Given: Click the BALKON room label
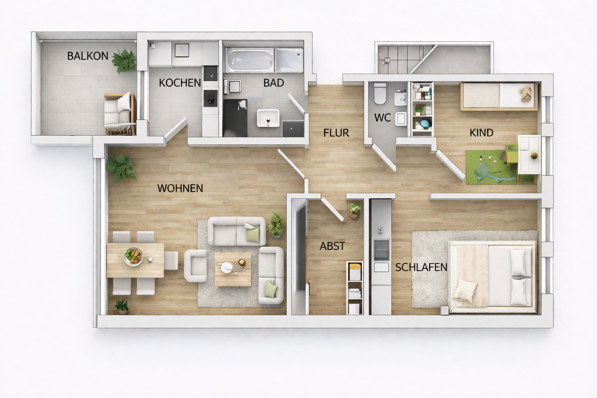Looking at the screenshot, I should [88, 56].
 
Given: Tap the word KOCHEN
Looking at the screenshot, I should [180, 83].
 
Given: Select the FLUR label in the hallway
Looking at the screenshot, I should [336, 133].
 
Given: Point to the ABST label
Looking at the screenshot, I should [332, 246].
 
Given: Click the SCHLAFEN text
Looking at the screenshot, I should [421, 267].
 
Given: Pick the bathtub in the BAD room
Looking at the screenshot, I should [249, 60].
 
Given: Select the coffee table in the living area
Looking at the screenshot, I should [233, 269].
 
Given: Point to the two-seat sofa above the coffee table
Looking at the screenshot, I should [237, 231].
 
